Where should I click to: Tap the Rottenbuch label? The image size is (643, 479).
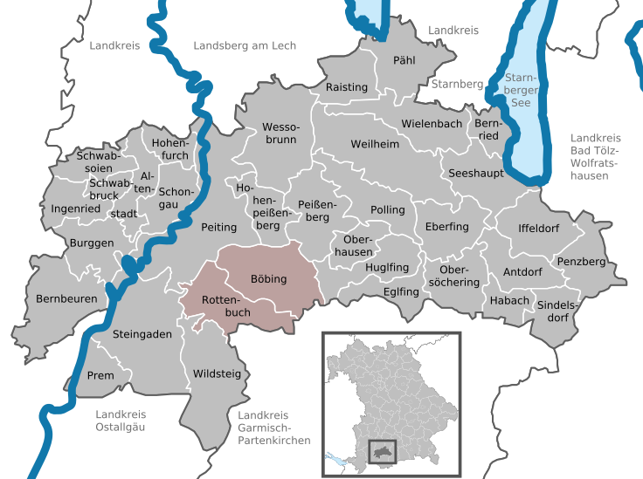pyautogui.click(x=226, y=305)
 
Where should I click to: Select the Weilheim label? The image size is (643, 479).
pyautogui.click(x=374, y=143)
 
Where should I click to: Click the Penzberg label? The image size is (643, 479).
pyautogui.click(x=579, y=261)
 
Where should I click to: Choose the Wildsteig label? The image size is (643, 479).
pyautogui.click(x=215, y=373)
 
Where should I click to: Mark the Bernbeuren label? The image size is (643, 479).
pyautogui.click(x=66, y=298)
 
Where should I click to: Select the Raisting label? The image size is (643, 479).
pyautogui.click(x=346, y=87)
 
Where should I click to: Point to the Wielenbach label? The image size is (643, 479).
pyautogui.click(x=432, y=123)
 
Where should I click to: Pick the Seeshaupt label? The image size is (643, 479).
pyautogui.click(x=476, y=174)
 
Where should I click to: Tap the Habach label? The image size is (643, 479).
pyautogui.click(x=508, y=300)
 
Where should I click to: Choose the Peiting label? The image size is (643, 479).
pyautogui.click(x=218, y=227)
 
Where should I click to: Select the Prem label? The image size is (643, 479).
pyautogui.click(x=100, y=376)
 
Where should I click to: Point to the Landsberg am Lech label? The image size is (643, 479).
pyautogui.click(x=245, y=45)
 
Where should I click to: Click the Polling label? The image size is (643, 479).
pyautogui.click(x=388, y=210)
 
